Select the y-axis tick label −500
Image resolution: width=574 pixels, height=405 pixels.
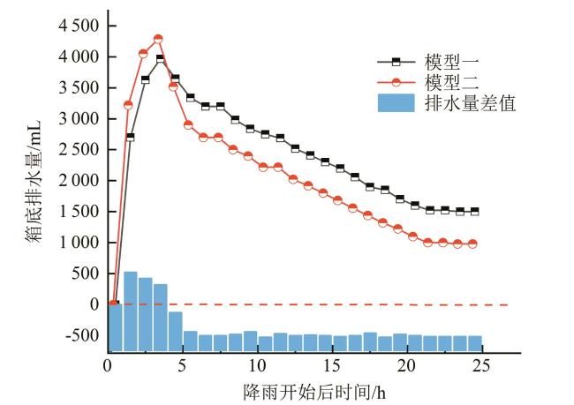pyautogui.click(x=84, y=335)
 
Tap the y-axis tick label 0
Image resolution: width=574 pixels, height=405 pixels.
pyautogui.click(x=94, y=304)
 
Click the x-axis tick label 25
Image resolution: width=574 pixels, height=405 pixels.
pyautogui.click(x=482, y=366)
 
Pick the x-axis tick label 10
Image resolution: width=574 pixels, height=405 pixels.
pyautogui.click(x=257, y=366)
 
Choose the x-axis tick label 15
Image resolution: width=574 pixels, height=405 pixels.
pyautogui.click(x=332, y=366)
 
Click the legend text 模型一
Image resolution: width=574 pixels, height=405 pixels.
pyautogui.click(x=446, y=63)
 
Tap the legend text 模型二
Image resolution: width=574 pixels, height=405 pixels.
pyautogui.click(x=446, y=83)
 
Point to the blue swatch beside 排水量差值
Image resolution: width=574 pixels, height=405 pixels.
pyautogui.click(x=396, y=103)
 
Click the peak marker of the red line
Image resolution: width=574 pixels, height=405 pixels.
pyautogui.click(x=158, y=39)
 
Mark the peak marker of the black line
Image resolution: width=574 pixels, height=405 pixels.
pyautogui.click(x=160, y=59)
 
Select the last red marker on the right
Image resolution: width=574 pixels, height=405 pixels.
pyautogui.click(x=472, y=244)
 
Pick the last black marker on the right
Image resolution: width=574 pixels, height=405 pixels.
pyautogui.click(x=474, y=212)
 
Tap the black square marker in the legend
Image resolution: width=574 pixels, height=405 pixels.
pyautogui.click(x=396, y=62)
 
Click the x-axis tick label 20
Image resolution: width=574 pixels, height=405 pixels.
pyautogui.click(x=407, y=366)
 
